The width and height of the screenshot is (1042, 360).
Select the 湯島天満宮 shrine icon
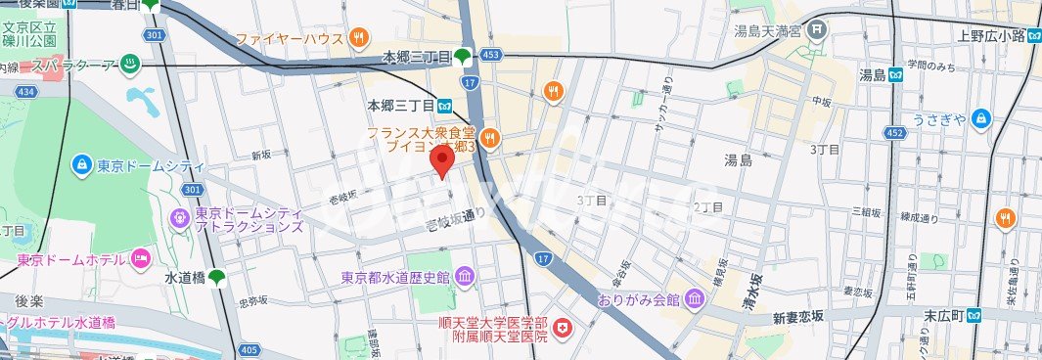pos(818,31)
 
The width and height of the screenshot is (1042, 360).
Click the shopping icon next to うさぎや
pos(982,119)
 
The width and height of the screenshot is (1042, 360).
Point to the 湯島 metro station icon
pos(896,75)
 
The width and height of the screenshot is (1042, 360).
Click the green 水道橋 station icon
pos(215,277)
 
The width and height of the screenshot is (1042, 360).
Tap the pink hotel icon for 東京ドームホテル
pos(140,259)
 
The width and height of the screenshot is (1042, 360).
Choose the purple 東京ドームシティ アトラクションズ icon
pos(180,218)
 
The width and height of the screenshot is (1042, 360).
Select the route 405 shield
pos(249,349)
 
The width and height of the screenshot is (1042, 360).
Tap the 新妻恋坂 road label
pos(804,318)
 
